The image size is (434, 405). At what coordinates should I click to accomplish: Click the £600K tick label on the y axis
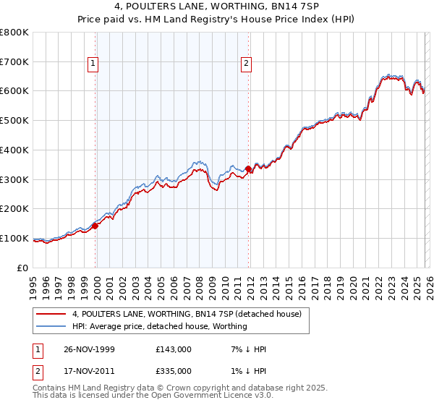click(14, 91)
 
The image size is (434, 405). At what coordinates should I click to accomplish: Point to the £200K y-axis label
click(14, 208)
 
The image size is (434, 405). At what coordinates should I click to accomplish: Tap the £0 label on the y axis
click(23, 268)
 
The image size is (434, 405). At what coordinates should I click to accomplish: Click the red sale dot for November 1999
click(95, 226)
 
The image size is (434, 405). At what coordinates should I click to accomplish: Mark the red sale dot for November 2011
click(248, 169)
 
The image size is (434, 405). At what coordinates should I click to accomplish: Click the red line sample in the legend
click(51, 314)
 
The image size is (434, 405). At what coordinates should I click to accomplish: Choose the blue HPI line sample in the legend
click(51, 326)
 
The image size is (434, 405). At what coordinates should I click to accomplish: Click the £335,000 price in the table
click(174, 370)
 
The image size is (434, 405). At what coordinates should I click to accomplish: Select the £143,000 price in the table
click(174, 349)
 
